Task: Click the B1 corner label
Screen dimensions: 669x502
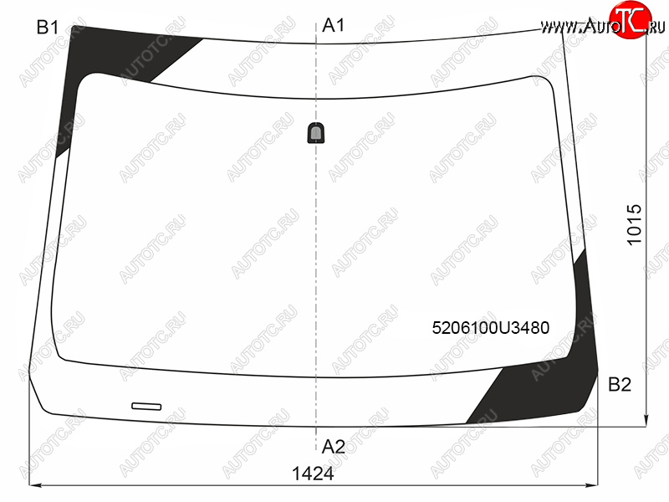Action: [48, 28]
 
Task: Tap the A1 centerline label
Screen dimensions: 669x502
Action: [333, 25]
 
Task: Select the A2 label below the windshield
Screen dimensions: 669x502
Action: [333, 447]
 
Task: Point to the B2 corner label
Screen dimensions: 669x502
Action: [619, 385]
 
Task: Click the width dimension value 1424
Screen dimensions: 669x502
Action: [313, 474]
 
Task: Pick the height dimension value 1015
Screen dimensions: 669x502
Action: [635, 224]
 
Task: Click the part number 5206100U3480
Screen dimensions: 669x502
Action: [491, 328]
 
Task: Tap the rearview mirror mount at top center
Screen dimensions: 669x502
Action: [316, 133]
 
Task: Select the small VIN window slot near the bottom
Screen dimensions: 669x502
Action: [146, 406]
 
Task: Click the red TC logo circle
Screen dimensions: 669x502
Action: [630, 18]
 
